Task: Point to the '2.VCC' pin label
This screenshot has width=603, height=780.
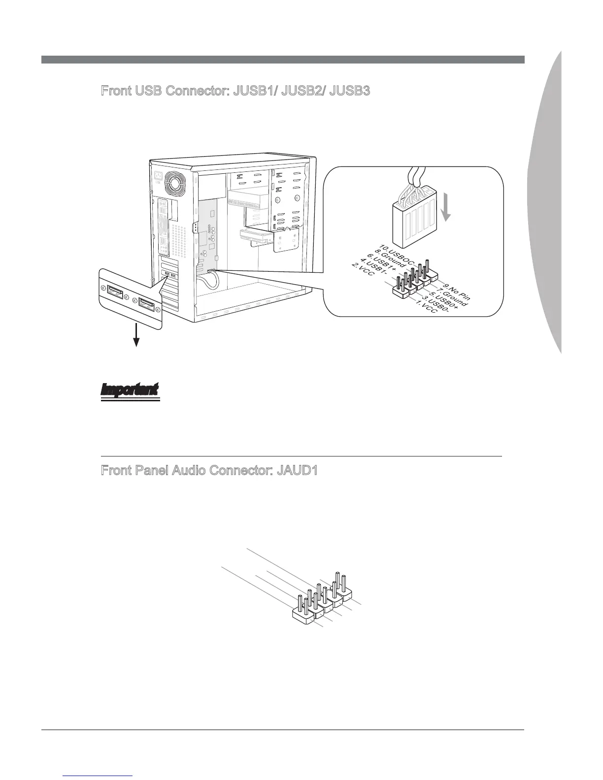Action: coord(363,272)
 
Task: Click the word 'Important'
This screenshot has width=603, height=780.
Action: coord(130,389)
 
